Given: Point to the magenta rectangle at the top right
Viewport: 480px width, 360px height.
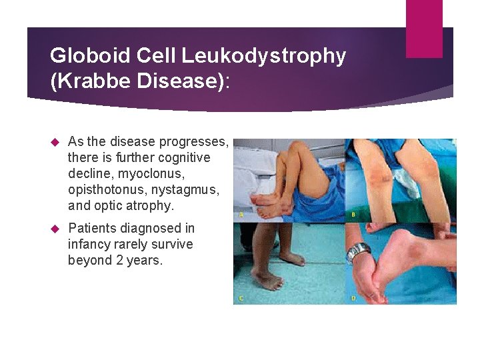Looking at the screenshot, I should [x=424, y=28].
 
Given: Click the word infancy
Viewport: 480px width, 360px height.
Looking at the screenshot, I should [x=92, y=244].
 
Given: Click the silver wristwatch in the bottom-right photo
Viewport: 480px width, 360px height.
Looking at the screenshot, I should [x=359, y=252].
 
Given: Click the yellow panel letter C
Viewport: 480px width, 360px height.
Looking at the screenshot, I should [x=241, y=298].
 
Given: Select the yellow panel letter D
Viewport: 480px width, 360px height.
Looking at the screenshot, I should [x=353, y=298].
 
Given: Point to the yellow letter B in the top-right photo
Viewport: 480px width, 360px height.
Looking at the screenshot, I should [x=353, y=215].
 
